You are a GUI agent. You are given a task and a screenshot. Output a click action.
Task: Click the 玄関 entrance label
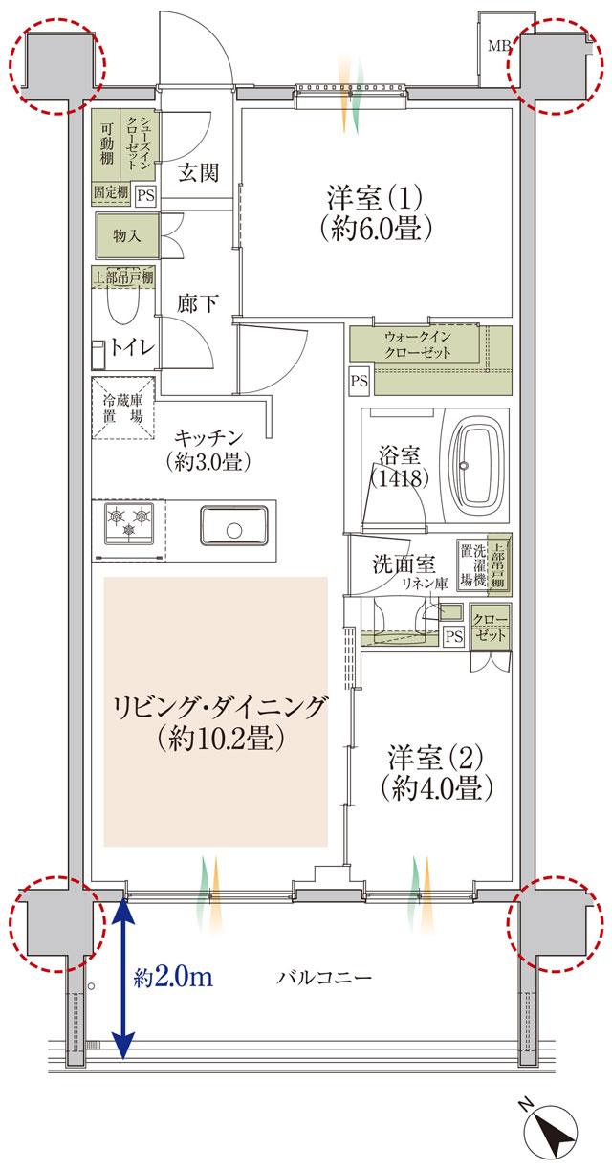(199, 172)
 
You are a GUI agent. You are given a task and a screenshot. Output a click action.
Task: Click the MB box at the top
(498, 45)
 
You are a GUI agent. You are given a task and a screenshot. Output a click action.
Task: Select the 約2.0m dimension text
(172, 978)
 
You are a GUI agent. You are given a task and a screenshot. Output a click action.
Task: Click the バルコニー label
(324, 978)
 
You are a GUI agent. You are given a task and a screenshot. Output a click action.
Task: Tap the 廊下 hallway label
(198, 303)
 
